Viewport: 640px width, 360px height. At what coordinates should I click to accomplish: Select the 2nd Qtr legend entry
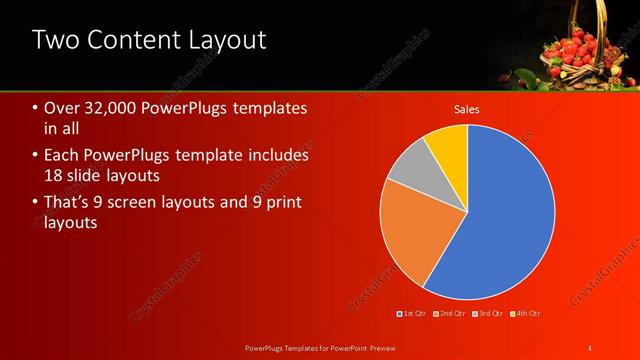(x=451, y=314)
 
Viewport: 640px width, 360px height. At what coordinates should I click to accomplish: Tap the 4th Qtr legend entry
(x=528, y=314)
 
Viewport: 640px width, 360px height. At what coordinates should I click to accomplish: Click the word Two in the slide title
(x=56, y=40)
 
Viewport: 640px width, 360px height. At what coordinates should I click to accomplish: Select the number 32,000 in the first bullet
(x=119, y=108)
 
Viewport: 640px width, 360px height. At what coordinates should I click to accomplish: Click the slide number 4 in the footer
(x=591, y=346)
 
